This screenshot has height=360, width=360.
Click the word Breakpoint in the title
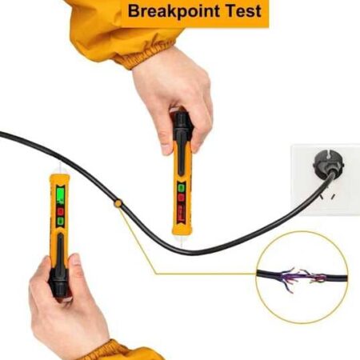click(x=174, y=11)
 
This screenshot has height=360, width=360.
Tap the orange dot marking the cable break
click(x=118, y=203)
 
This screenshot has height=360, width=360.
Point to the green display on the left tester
click(x=61, y=195)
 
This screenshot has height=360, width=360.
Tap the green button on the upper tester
click(x=182, y=188)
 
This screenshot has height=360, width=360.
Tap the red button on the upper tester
click(x=181, y=198)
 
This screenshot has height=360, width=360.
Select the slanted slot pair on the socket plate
click(x=327, y=197)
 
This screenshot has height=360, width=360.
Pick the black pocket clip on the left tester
click(x=60, y=250)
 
